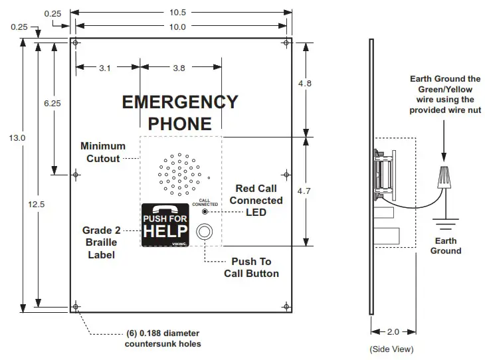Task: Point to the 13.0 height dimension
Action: point(18,137)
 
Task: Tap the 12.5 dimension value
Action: point(38,204)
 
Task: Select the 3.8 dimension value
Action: point(179,67)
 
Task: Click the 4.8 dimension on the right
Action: point(305,84)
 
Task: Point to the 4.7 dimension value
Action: point(305,191)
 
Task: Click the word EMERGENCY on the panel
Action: point(180,102)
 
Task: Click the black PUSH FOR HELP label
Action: point(166,224)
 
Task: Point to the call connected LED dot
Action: point(205,212)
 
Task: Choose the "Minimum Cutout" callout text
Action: point(103,152)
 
